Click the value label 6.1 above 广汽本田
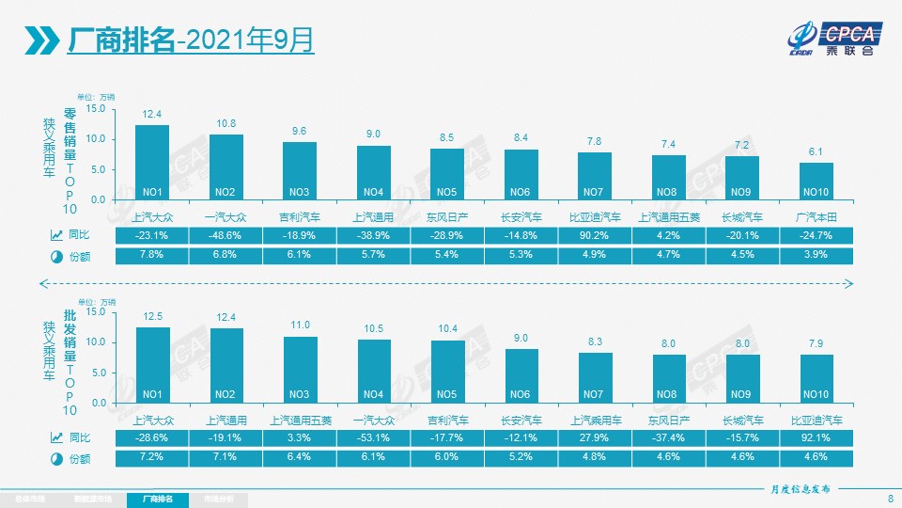(816, 151)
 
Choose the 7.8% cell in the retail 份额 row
(152, 256)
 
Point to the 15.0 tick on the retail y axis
(94, 109)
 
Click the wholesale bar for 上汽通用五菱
(300, 369)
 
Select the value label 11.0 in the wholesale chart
(300, 325)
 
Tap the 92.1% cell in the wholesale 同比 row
(816, 437)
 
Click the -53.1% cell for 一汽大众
(373, 437)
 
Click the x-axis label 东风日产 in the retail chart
(446, 217)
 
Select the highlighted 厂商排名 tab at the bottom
(157, 498)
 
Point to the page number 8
(890, 498)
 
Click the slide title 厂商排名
(122, 40)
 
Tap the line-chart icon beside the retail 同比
(56, 235)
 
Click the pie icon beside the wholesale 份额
(56, 458)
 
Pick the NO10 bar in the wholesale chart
(816, 378)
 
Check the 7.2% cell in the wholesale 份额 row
(152, 457)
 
